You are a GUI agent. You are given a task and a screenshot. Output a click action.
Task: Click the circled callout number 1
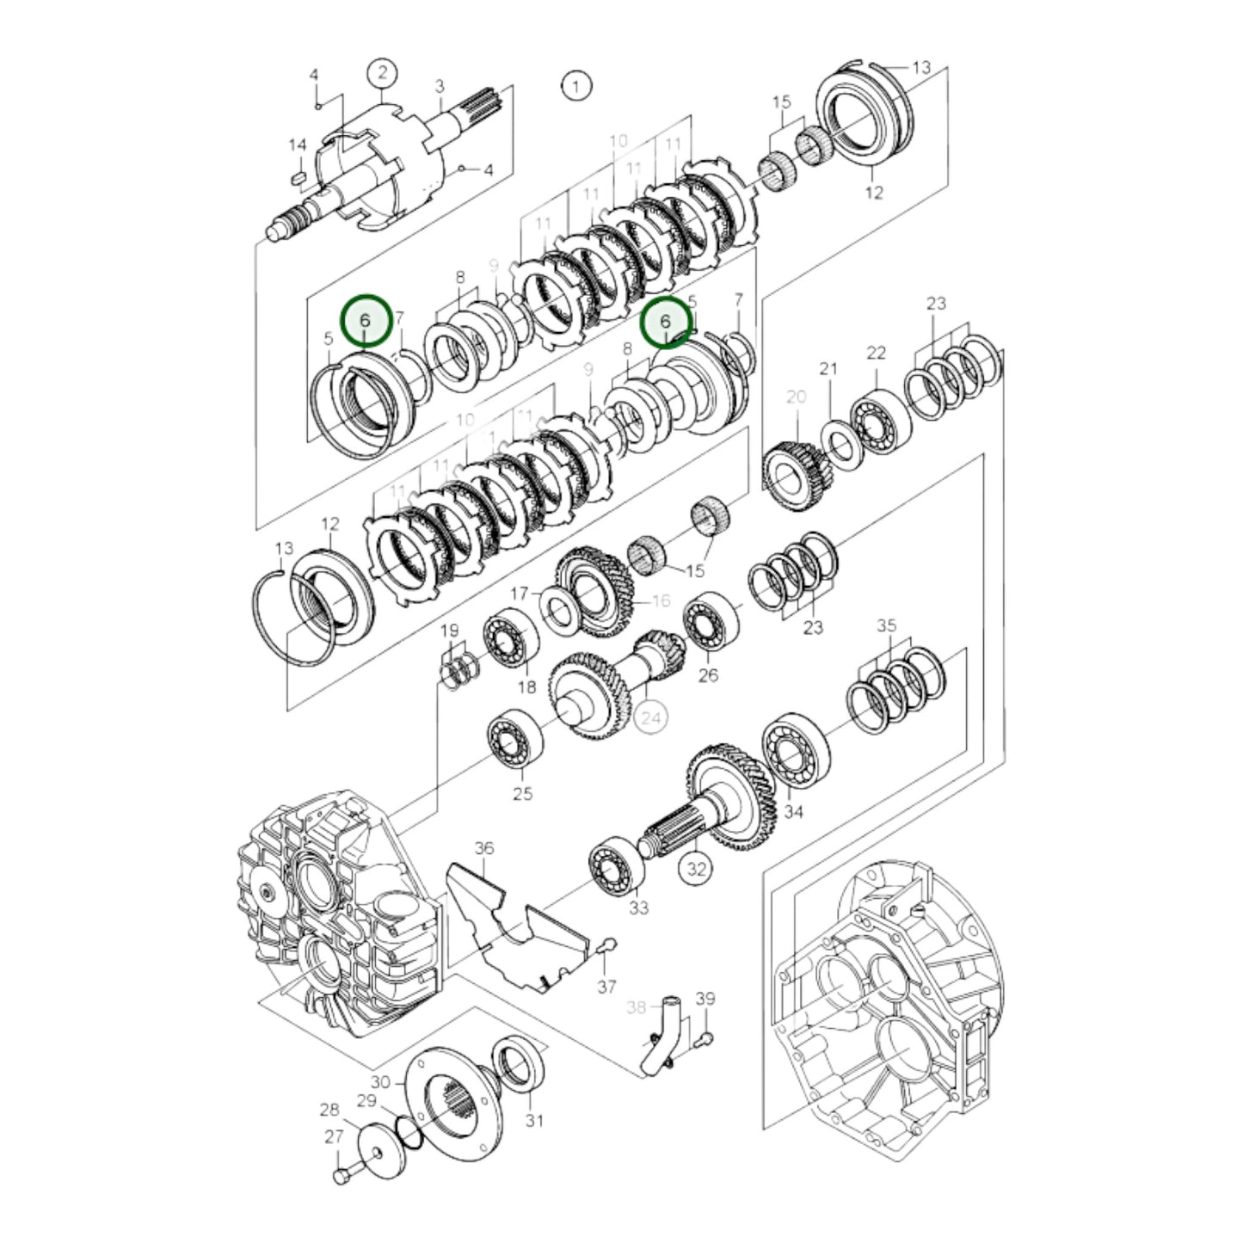(575, 85)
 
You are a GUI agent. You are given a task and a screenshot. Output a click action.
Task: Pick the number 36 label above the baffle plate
(484, 848)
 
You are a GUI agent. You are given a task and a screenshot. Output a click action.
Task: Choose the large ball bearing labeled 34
(795, 750)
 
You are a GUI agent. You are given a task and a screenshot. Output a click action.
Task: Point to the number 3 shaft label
(440, 86)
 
